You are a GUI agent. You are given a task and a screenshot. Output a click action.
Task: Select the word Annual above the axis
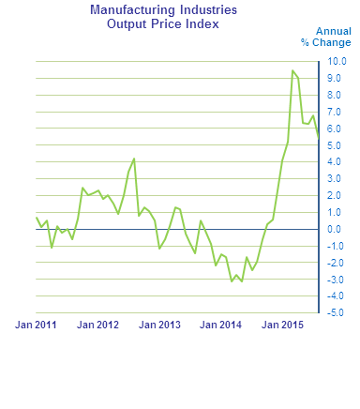(x=333, y=31)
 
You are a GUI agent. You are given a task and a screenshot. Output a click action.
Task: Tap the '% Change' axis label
(x=325, y=42)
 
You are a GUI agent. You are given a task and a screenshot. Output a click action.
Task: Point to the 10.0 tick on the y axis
(x=336, y=61)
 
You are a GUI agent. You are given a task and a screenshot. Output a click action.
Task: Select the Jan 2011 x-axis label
(x=36, y=326)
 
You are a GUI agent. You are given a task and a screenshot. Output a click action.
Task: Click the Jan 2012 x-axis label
(x=97, y=326)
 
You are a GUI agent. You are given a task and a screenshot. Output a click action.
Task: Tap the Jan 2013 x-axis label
(x=159, y=326)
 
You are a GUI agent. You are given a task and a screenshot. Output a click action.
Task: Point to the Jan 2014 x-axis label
(x=221, y=326)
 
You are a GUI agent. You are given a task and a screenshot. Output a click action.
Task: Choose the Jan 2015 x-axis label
(x=283, y=326)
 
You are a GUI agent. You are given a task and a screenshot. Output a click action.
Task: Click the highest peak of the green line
(x=292, y=70)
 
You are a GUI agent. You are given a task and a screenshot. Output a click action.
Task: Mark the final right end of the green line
(x=319, y=139)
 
